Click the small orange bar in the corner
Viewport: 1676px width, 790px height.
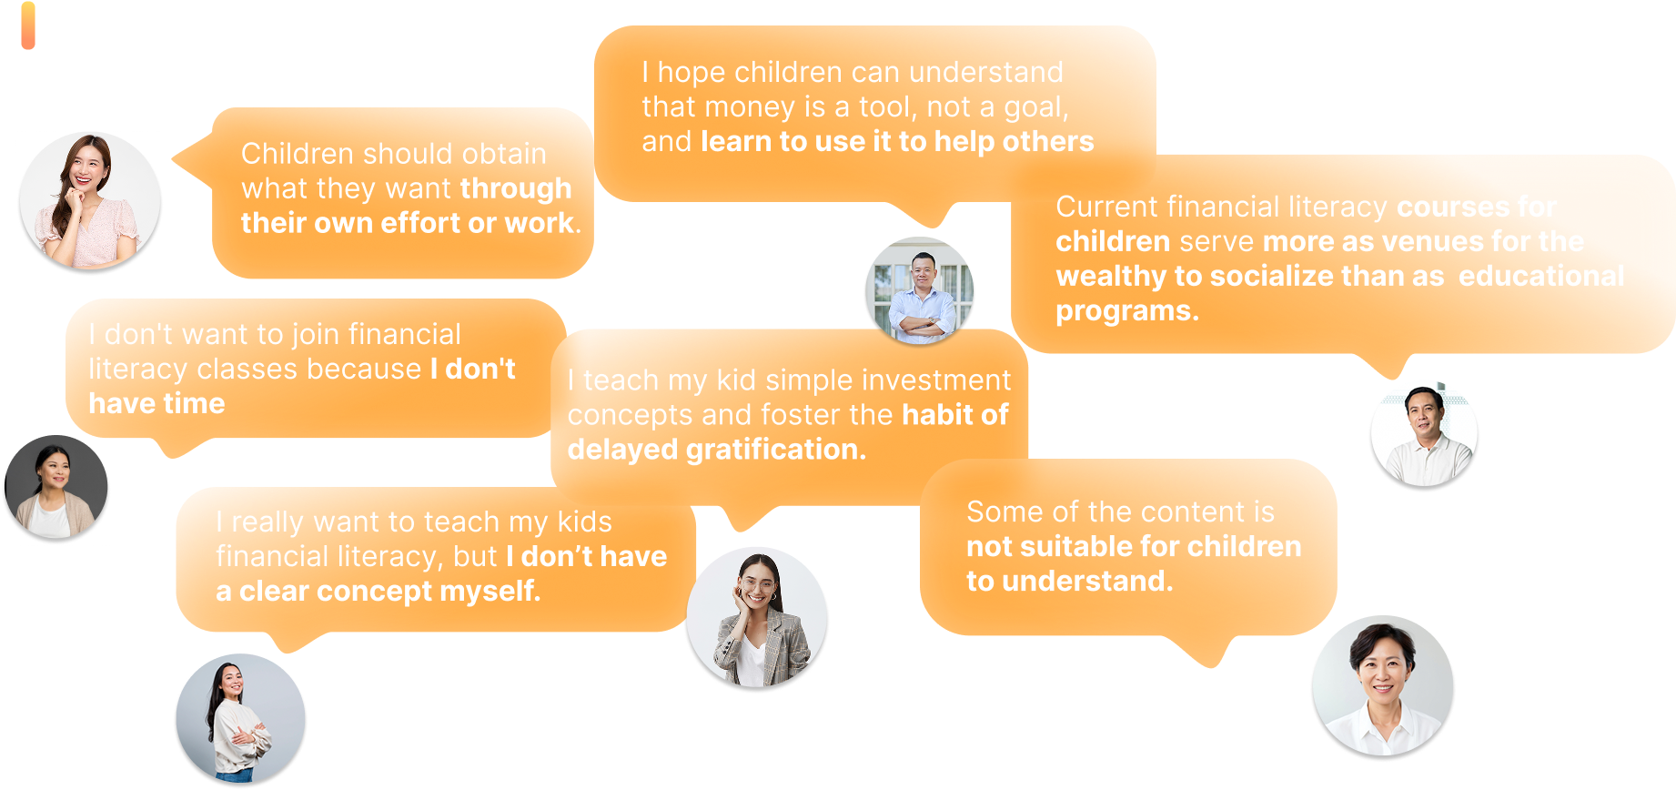pos(28,25)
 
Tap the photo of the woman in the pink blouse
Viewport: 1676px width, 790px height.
pos(90,201)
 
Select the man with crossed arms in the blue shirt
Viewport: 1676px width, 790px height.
pos(920,291)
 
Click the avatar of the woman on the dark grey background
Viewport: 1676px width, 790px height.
pos(56,487)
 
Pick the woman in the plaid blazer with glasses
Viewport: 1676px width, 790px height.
pos(757,618)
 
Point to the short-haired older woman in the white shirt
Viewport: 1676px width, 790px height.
pos(1382,686)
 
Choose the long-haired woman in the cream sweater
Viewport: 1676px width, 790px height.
pos(241,718)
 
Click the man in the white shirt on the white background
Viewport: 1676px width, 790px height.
pos(1424,435)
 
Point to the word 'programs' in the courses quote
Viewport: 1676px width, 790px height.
pos(1123,312)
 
